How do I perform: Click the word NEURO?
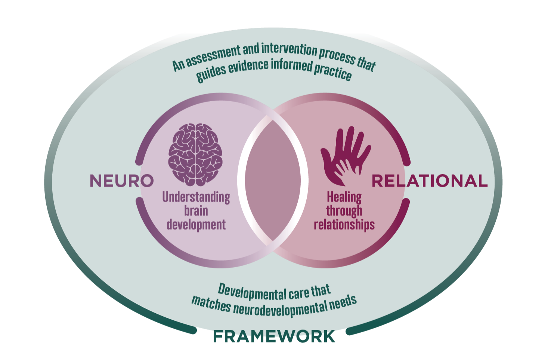[121, 181]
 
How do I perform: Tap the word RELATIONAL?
[430, 181]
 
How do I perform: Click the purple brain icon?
[195, 154]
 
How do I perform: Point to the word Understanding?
[196, 197]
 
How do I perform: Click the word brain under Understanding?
[196, 211]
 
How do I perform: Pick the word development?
[196, 225]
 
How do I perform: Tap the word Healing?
[344, 197]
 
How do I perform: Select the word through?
[344, 211]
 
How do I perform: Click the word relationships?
[344, 225]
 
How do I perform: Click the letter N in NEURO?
[96, 181]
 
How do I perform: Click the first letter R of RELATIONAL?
[378, 181]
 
